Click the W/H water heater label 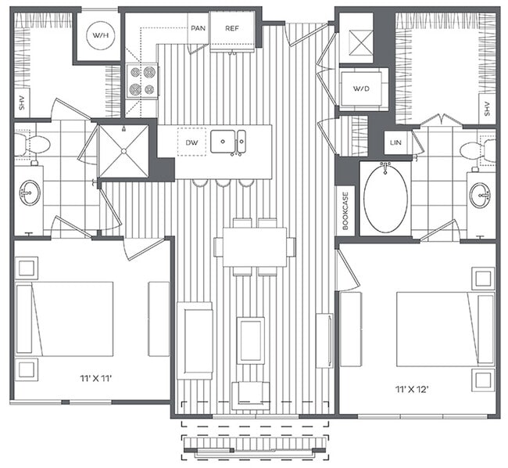click(x=98, y=37)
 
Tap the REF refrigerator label click(x=232, y=29)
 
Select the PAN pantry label click(x=198, y=29)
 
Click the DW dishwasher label click(x=191, y=142)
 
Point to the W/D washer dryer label click(x=361, y=88)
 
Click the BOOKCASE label click(x=345, y=211)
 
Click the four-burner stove click(x=141, y=80)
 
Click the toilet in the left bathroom click(x=32, y=144)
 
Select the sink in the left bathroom click(x=30, y=193)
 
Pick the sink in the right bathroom click(x=479, y=193)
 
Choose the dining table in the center click(x=255, y=247)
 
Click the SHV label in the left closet click(x=20, y=103)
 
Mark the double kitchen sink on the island click(x=232, y=142)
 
